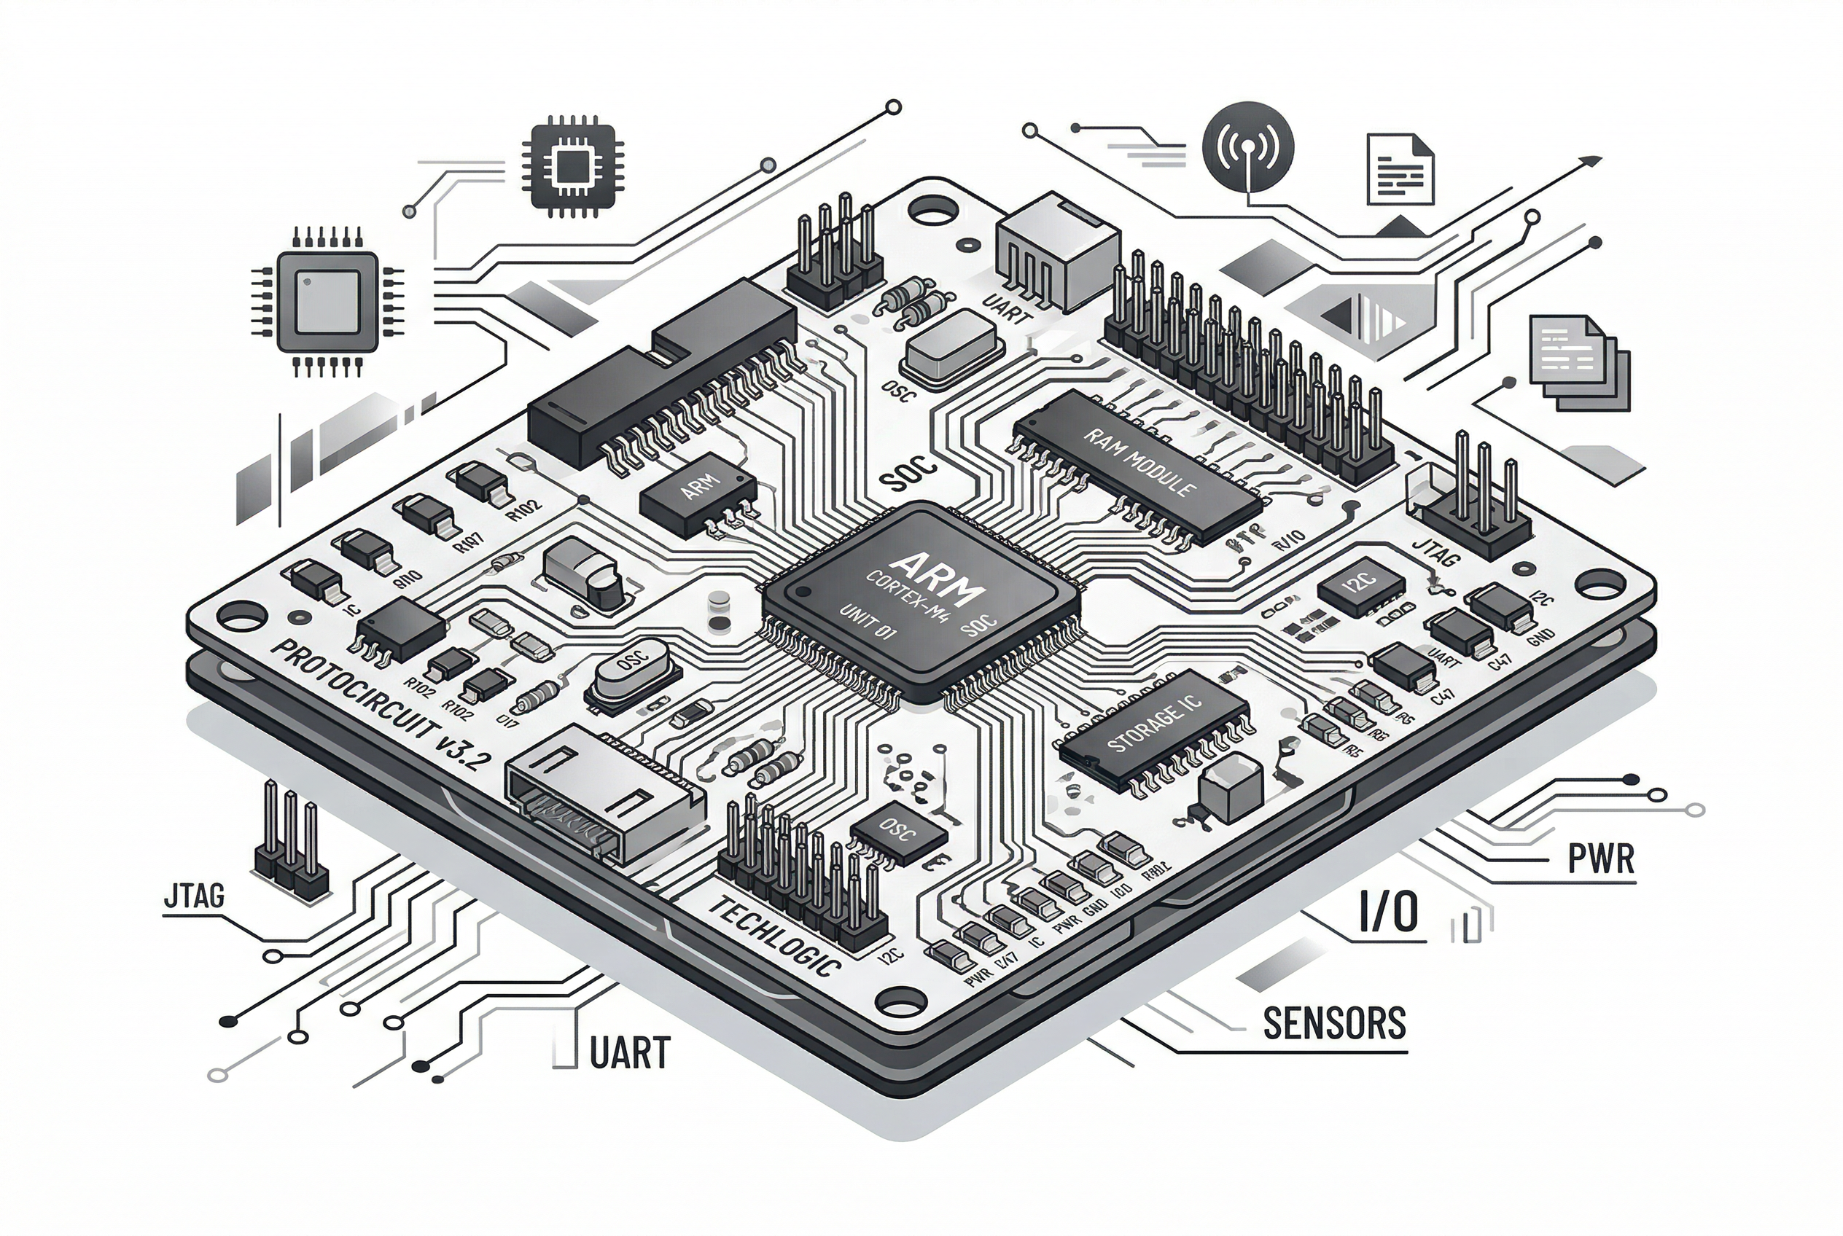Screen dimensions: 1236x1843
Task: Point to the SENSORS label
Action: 1334,1023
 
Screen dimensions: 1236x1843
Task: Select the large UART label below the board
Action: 629,1053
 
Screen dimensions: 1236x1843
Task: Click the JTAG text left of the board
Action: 194,896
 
